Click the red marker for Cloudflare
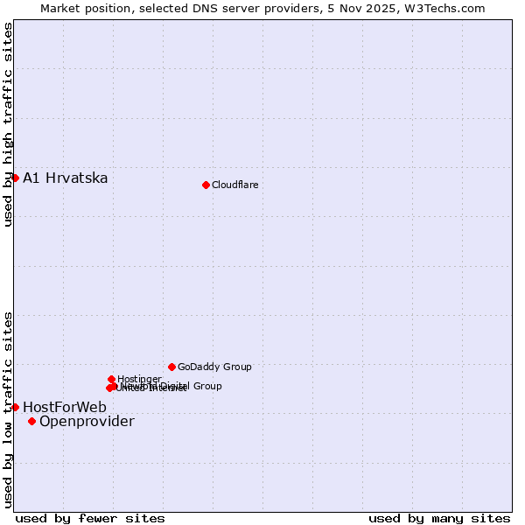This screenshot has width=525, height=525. click(206, 185)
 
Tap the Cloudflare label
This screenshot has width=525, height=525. click(234, 185)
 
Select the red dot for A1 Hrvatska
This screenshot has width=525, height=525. click(15, 178)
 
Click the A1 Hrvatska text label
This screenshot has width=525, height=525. click(66, 178)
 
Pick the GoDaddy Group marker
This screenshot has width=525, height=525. click(171, 367)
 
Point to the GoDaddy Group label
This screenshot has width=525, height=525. click(214, 367)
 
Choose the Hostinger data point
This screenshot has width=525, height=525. click(111, 379)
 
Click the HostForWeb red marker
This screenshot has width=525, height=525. click(15, 407)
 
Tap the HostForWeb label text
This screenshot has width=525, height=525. click(65, 408)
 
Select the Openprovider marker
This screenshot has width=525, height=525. click(31, 421)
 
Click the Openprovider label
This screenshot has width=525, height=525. click(87, 422)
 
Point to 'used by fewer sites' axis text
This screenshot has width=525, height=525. click(90, 518)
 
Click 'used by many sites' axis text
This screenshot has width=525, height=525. click(439, 518)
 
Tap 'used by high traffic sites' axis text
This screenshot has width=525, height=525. click(8, 124)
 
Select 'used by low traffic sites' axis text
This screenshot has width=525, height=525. click(8, 409)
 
